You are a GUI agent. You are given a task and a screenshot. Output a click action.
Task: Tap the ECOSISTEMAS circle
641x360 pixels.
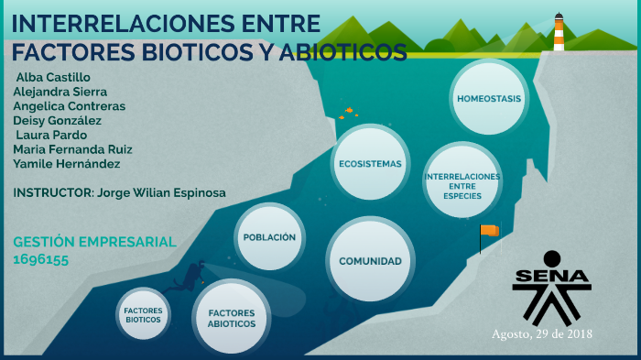click(x=370, y=163)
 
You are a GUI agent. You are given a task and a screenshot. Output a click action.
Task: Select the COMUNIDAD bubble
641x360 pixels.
click(x=370, y=260)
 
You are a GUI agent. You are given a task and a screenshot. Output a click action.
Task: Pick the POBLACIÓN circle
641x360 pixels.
click(x=269, y=236)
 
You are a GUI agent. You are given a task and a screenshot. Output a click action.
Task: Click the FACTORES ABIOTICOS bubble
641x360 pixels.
click(x=231, y=318)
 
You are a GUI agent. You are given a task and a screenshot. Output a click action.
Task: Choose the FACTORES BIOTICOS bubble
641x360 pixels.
click(x=144, y=315)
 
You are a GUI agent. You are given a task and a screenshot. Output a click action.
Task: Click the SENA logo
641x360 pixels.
click(x=552, y=284)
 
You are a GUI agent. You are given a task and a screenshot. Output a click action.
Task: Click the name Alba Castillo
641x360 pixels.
click(x=53, y=77)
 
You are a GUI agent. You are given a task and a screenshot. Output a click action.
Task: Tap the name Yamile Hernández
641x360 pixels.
click(x=67, y=164)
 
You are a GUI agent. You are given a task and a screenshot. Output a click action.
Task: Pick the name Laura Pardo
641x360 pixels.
click(x=51, y=135)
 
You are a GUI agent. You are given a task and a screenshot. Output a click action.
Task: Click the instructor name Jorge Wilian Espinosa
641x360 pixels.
click(x=160, y=193)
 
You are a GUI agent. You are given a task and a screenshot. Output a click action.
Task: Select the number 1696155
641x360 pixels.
click(x=41, y=259)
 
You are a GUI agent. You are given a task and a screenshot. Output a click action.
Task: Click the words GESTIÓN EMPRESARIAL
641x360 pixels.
click(x=94, y=242)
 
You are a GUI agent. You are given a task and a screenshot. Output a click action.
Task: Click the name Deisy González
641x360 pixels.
click(x=58, y=120)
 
